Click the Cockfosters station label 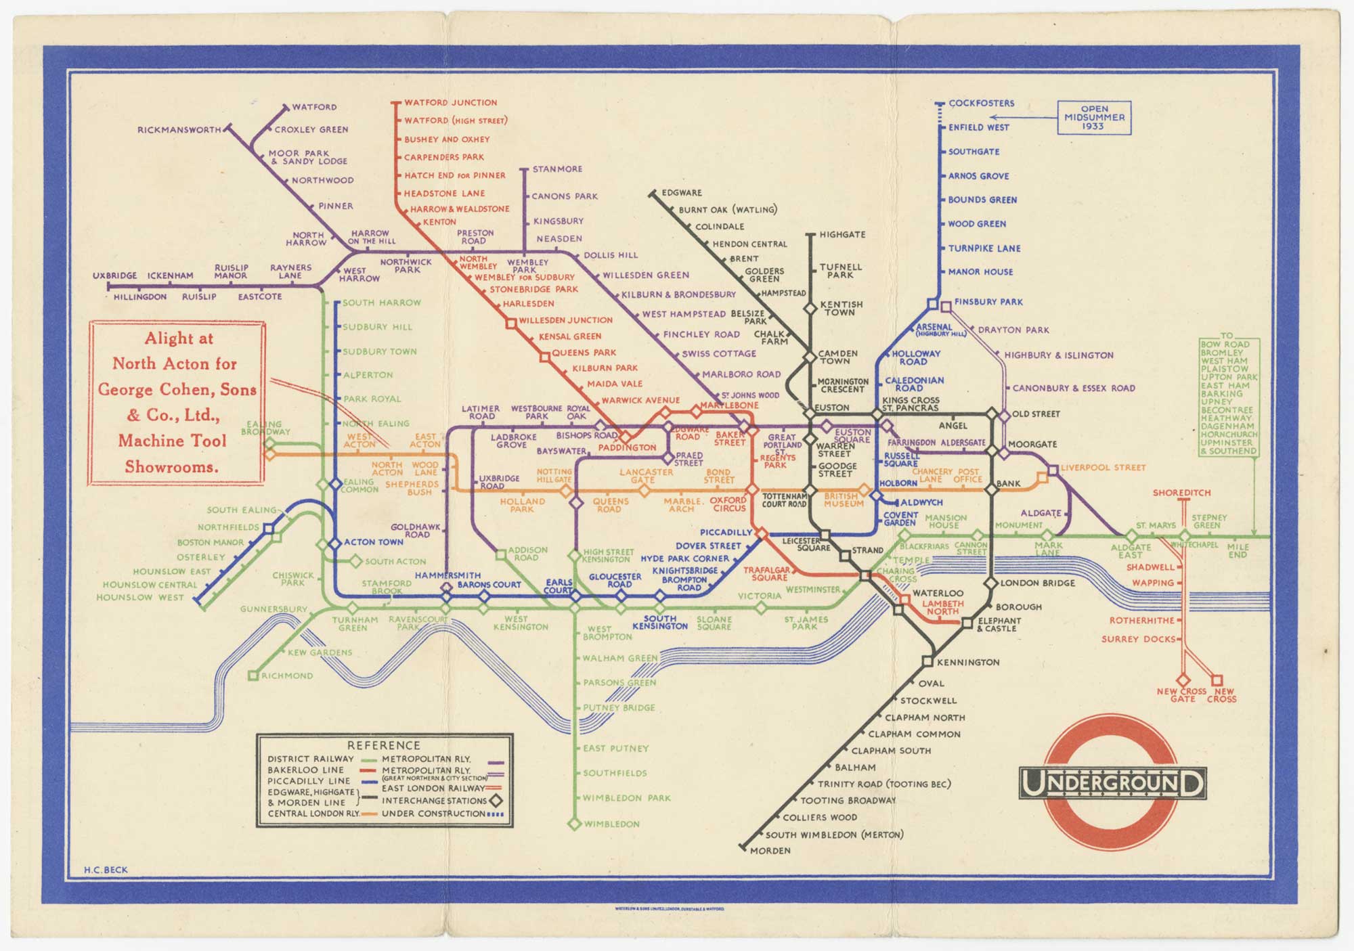[981, 104]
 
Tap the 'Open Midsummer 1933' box [1094, 118]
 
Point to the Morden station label [770, 850]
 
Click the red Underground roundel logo [1112, 784]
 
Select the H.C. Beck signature [106, 870]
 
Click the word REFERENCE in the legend [383, 745]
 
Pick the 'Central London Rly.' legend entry [313, 813]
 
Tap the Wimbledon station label [611, 824]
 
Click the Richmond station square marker [253, 676]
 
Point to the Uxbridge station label [114, 276]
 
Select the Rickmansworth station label [179, 130]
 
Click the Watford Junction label [450, 103]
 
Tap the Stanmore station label [557, 169]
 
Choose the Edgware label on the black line [681, 193]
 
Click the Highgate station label [842, 235]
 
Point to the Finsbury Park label [988, 302]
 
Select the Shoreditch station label [1181, 493]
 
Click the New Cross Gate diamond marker [1183, 680]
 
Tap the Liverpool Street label [1103, 468]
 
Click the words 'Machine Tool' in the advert [172, 441]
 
